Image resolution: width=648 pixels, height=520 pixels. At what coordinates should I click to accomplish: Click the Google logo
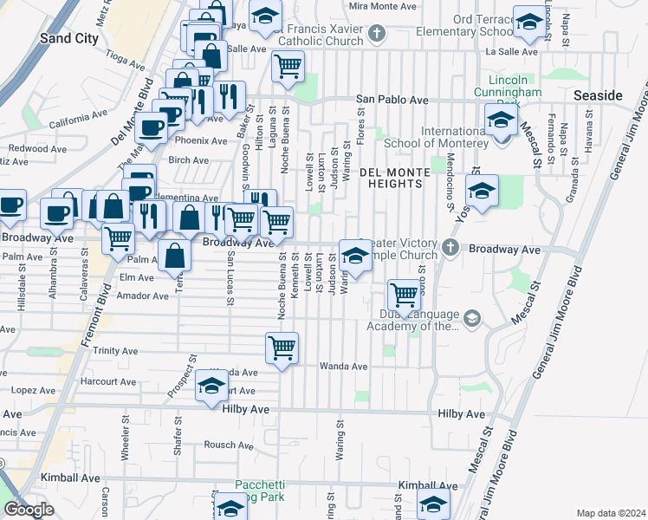pos(28,510)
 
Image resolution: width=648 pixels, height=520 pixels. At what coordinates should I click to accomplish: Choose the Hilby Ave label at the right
pos(461,414)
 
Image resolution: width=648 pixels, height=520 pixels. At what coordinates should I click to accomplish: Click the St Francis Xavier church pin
pos(376,34)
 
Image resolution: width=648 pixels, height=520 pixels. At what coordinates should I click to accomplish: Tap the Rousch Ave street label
pos(227,445)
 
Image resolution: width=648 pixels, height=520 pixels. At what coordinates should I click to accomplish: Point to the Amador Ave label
pos(148,296)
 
